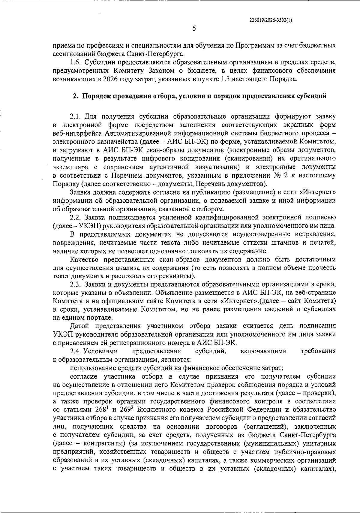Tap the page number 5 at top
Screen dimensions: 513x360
pos(194,29)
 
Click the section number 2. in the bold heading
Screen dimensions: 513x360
pos(76,96)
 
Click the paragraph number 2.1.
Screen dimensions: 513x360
pos(75,116)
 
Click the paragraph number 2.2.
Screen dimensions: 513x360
pos(76,217)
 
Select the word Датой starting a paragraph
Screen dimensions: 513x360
pos(79,326)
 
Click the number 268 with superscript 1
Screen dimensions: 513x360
pos(85,410)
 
